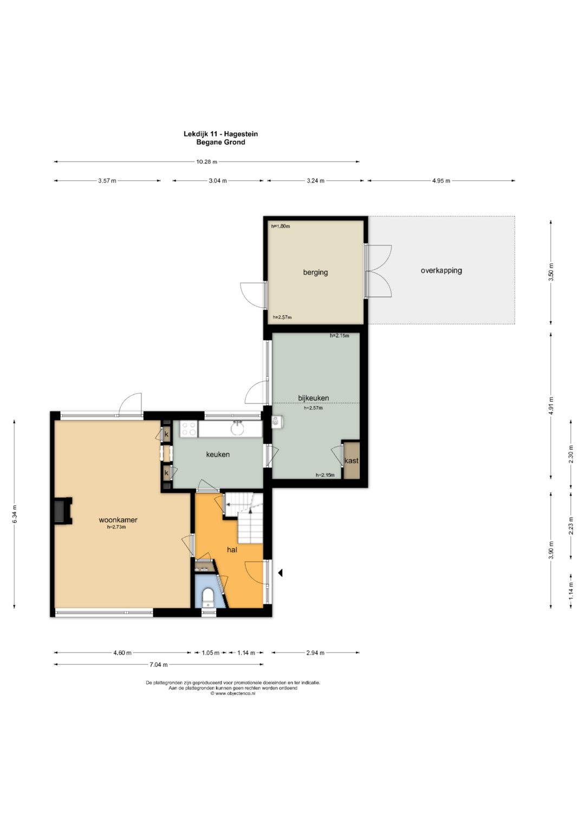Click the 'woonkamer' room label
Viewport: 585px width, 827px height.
[x=118, y=520]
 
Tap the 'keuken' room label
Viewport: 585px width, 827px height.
[x=218, y=454]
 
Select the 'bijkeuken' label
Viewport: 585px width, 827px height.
[x=314, y=398]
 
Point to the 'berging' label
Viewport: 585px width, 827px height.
[x=315, y=272]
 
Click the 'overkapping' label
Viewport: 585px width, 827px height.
[x=441, y=271]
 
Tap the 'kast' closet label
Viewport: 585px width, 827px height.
[x=351, y=461]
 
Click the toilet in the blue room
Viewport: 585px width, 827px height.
[x=209, y=598]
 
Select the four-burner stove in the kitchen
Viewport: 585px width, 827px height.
[x=188, y=429]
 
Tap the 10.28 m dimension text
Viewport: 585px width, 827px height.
[x=207, y=162]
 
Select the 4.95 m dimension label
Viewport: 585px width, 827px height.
[x=441, y=181]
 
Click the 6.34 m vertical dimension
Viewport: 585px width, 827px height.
[x=15, y=514]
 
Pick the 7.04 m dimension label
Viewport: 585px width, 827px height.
[x=158, y=665]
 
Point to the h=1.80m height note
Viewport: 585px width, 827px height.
[x=281, y=226]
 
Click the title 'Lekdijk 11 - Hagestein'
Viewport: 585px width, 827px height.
[x=221, y=134]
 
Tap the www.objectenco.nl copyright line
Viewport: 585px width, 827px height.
[x=233, y=694]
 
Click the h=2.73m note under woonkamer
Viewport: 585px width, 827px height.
[x=116, y=527]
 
